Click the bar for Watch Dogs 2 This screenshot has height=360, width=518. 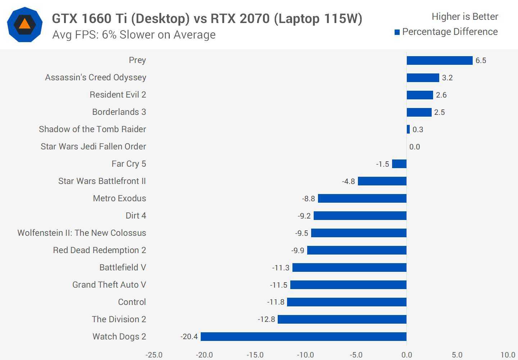[x=303, y=337]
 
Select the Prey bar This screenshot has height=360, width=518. [x=439, y=60]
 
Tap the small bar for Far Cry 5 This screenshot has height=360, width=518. [x=399, y=164]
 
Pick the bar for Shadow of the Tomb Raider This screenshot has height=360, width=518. [x=408, y=129]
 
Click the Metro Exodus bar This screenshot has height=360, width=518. [x=362, y=198]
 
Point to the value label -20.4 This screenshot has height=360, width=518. [x=189, y=337]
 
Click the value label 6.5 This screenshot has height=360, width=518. [x=481, y=60]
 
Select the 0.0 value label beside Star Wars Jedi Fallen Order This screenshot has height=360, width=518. [x=414, y=147]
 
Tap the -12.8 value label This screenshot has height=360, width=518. [x=266, y=319]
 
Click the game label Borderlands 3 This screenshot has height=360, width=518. [x=119, y=112]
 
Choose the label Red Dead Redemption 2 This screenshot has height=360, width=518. [x=99, y=250]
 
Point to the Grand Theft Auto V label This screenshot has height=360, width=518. [x=109, y=285]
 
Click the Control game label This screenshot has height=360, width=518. [x=132, y=302]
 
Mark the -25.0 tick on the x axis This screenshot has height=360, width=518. [x=154, y=355]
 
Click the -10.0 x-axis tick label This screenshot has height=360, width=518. [x=305, y=355]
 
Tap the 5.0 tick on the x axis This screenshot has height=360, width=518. [x=457, y=355]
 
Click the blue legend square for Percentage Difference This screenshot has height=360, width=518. [x=397, y=32]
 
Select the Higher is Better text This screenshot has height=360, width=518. [x=465, y=17]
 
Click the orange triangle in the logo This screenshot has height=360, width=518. [x=24, y=24]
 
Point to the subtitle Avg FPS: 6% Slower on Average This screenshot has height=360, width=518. [x=134, y=35]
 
